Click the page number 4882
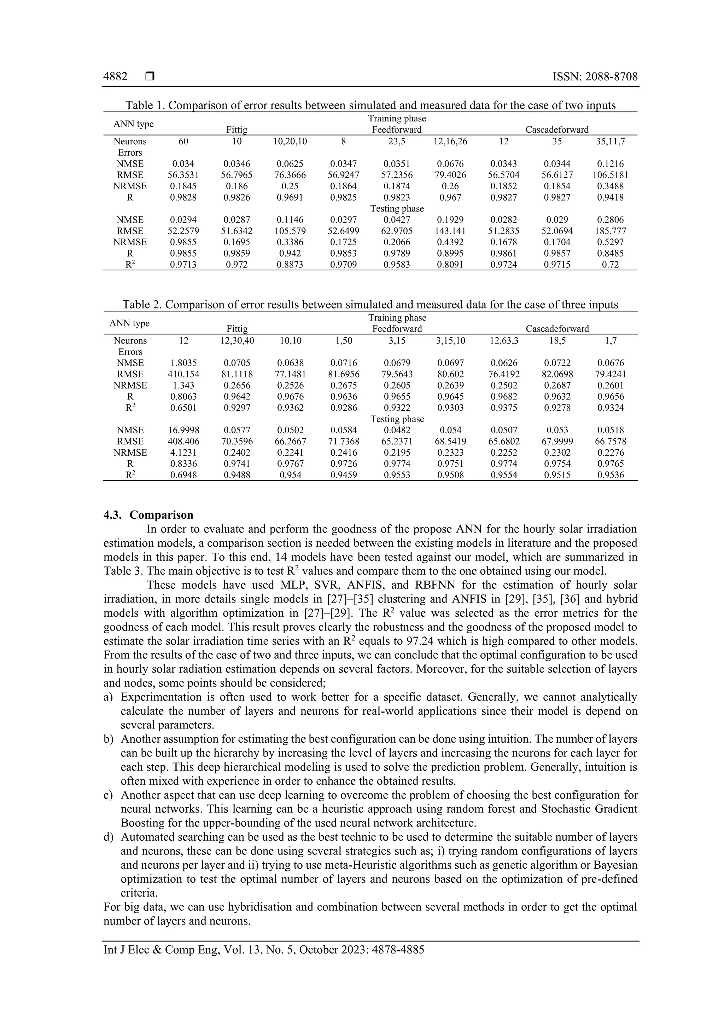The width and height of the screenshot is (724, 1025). [115, 77]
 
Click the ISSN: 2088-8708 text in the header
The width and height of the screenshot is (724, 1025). [595, 77]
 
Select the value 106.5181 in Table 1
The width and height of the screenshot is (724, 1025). [610, 175]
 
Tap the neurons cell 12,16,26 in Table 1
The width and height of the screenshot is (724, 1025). [450, 142]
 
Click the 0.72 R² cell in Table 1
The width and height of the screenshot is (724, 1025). [610, 265]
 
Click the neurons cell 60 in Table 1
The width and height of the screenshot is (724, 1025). [183, 142]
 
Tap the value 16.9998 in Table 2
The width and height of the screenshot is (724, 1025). [183, 430]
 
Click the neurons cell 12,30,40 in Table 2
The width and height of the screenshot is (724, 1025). [237, 341]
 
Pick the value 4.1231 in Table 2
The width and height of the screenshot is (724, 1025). [183, 453]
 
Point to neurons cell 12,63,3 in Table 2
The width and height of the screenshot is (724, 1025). [504, 341]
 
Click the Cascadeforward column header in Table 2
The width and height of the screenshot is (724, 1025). [557, 329]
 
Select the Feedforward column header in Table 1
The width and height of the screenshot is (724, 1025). [397, 130]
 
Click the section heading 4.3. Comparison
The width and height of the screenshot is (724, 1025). [148, 515]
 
